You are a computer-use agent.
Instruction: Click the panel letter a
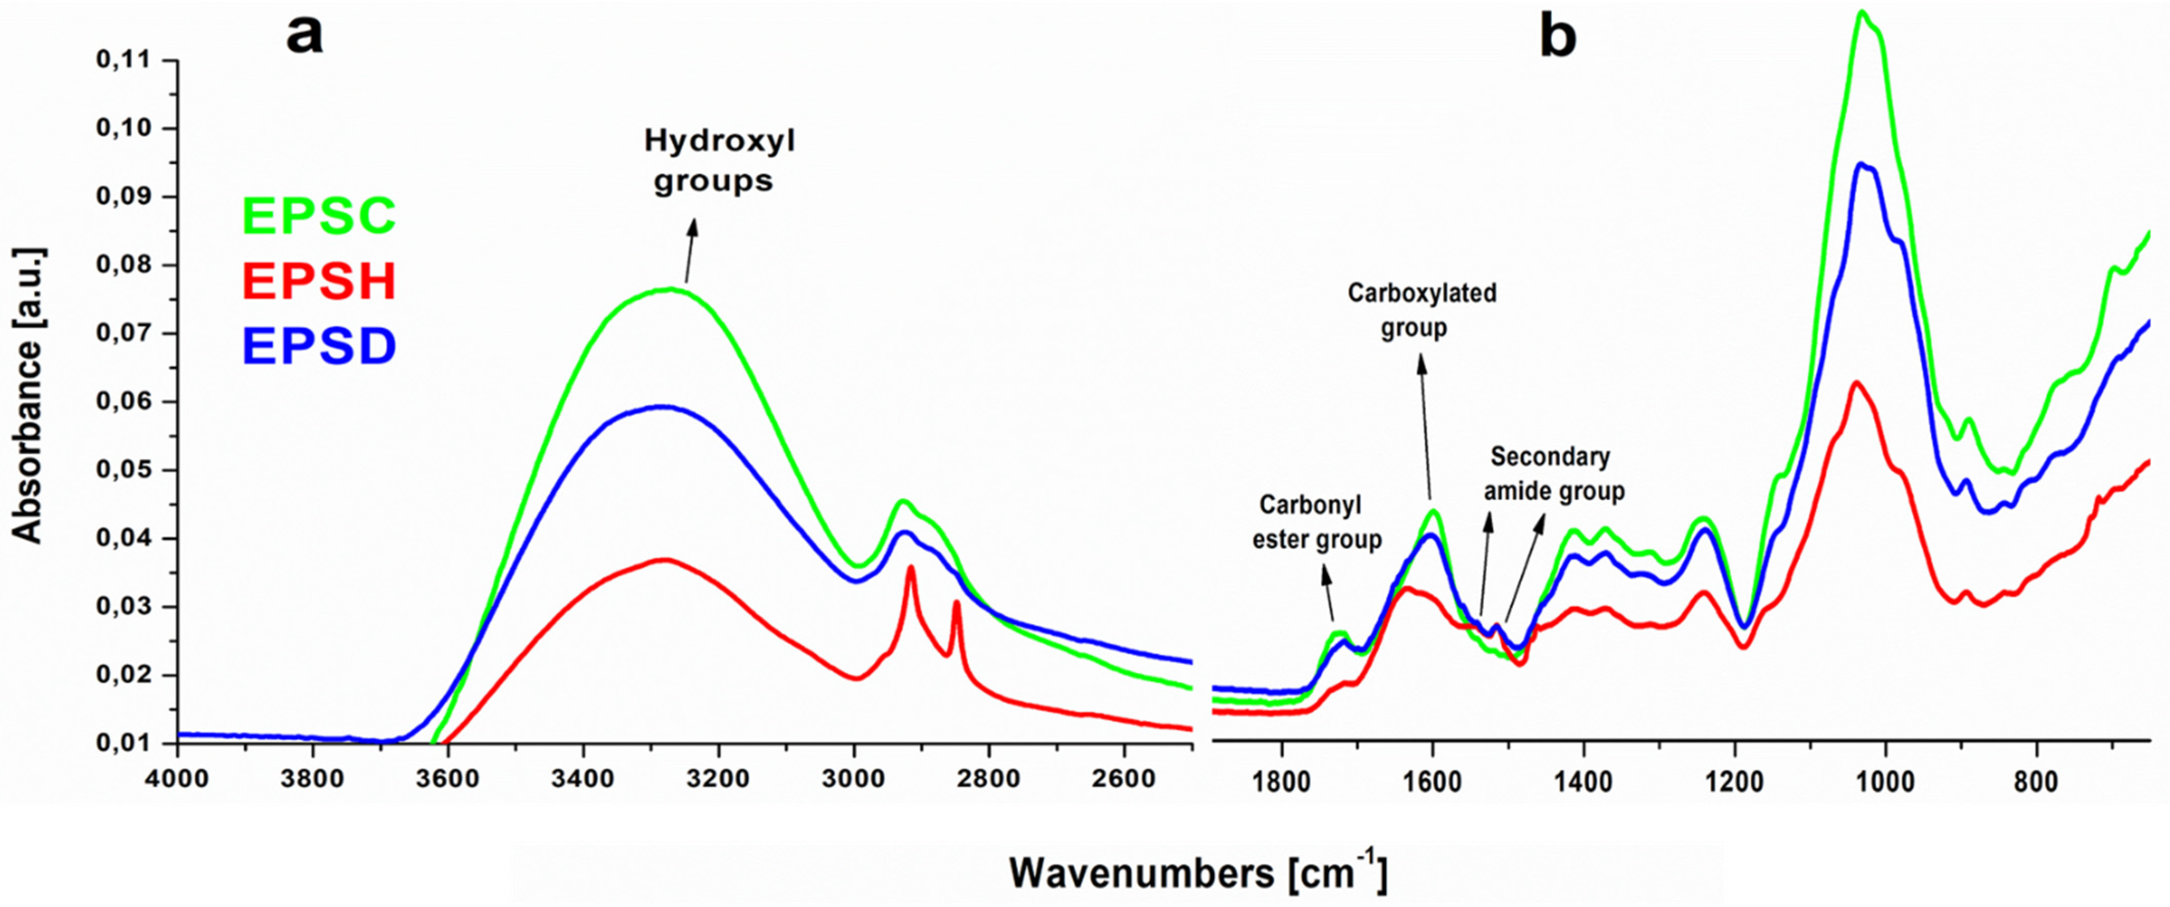304,36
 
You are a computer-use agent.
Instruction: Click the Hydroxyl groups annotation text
718,160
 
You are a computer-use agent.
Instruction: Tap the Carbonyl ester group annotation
1317,522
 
